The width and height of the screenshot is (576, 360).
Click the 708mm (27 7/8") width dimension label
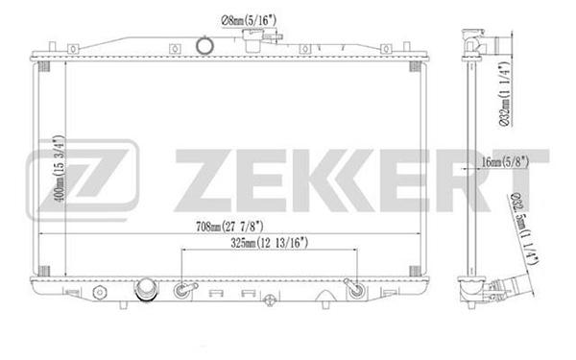click(229, 227)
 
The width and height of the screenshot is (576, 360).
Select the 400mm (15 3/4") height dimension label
click(60, 168)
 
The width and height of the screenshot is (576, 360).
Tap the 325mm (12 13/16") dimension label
click(269, 243)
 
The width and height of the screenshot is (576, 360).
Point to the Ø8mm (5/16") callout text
click(249, 20)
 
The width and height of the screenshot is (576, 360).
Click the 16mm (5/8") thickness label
click(505, 161)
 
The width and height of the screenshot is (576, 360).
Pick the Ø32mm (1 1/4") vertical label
click(506, 95)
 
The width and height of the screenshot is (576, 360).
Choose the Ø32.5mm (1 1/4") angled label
click(524, 228)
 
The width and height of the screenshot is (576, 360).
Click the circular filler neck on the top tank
click(204, 45)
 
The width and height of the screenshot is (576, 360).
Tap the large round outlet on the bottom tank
click(146, 290)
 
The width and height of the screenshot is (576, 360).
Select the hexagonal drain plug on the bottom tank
click(100, 292)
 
